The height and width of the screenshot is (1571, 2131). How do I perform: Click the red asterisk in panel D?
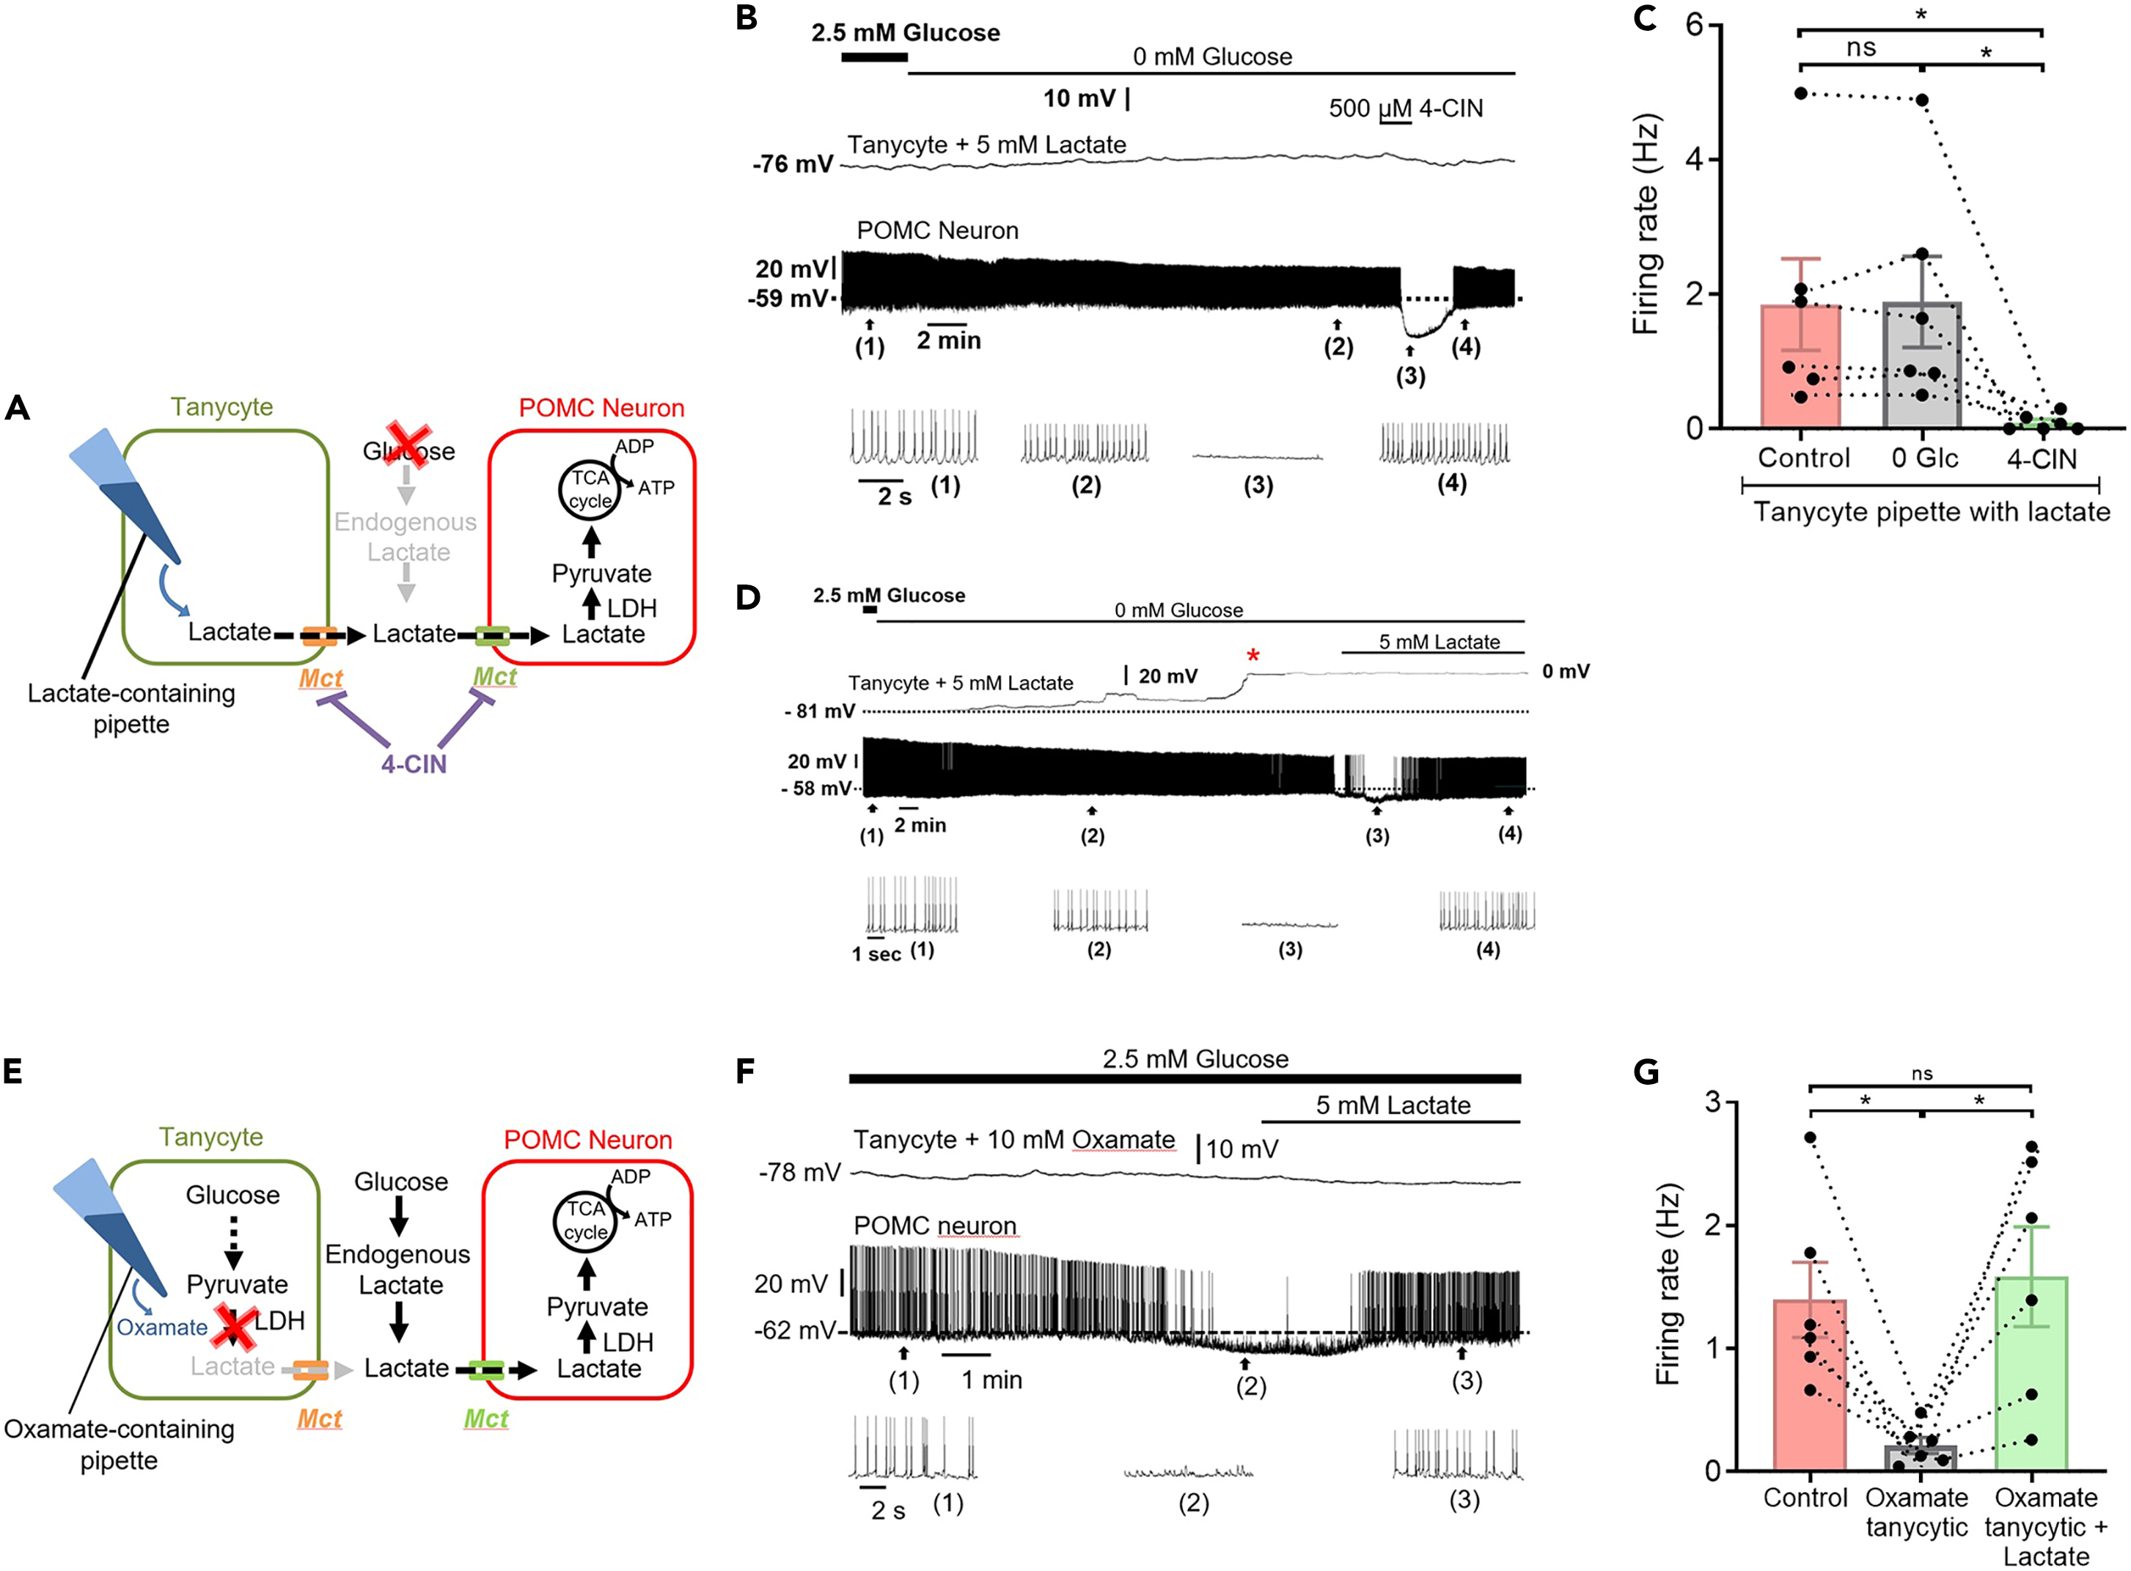(x=1253, y=655)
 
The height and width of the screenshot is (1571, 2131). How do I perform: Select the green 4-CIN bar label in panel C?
(x=2042, y=458)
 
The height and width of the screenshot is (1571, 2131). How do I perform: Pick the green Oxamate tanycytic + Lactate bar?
(x=2031, y=1379)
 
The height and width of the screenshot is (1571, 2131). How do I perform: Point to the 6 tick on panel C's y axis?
(x=1693, y=25)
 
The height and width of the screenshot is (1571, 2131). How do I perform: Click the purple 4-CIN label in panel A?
(x=414, y=763)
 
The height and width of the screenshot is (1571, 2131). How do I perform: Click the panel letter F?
(x=746, y=1072)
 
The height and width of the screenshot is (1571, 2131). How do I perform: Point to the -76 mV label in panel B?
(x=793, y=164)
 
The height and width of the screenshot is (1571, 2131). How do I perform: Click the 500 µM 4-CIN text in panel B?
(x=1406, y=109)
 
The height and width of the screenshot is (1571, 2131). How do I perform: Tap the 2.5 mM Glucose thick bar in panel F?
(x=1184, y=1078)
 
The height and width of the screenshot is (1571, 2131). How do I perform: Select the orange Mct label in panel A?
(x=320, y=678)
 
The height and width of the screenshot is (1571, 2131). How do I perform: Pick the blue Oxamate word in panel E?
(x=161, y=1328)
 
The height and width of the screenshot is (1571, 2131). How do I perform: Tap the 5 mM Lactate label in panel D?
(x=1439, y=642)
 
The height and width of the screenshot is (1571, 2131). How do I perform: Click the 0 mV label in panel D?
(x=1565, y=671)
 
